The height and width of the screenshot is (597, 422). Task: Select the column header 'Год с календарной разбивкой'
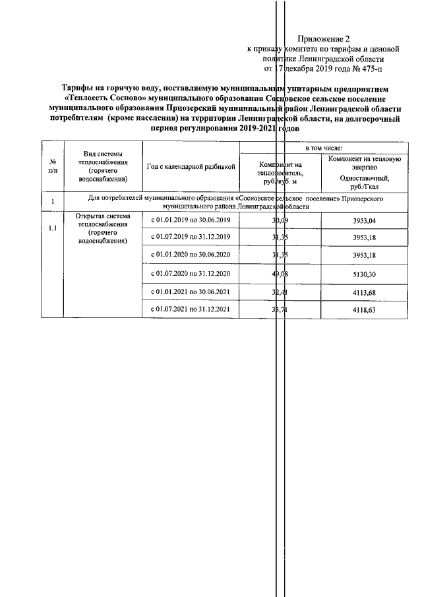pos(191,168)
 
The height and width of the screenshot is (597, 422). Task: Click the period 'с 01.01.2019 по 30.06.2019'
pos(191,220)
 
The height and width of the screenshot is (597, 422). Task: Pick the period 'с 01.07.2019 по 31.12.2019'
pos(191,237)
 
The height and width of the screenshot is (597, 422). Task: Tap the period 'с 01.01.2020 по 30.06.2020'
pos(191,255)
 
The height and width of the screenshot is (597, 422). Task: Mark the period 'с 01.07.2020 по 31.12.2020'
pos(191,274)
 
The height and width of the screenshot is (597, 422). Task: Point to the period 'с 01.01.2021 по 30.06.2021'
pos(191,292)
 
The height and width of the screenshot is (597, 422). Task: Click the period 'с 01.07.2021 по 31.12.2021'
pos(191,309)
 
